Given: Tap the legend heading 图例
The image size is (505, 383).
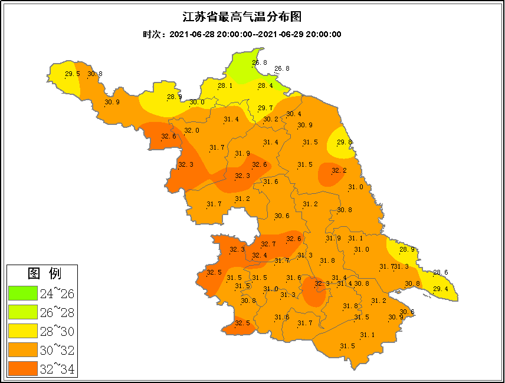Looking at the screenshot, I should pyautogui.click(x=44, y=273).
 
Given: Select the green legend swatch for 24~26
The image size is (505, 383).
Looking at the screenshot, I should pyautogui.click(x=22, y=293).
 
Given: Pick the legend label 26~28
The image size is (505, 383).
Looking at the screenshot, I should pyautogui.click(x=57, y=312).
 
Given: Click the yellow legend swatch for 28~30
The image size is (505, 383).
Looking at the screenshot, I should pyautogui.click(x=22, y=331).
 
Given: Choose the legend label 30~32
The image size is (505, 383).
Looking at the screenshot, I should pyautogui.click(x=57, y=351).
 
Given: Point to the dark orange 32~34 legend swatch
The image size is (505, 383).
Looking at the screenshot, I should pyautogui.click(x=22, y=369).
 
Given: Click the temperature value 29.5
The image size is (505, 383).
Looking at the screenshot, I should pyautogui.click(x=72, y=74).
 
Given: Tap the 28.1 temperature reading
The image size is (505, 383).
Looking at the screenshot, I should pyautogui.click(x=225, y=85).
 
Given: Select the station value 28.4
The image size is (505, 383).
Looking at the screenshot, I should pyautogui.click(x=265, y=85).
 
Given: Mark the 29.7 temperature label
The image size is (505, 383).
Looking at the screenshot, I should pyautogui.click(x=265, y=108).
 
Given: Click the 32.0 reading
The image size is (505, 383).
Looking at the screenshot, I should pyautogui.click(x=192, y=130).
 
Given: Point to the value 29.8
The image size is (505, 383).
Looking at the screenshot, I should pyautogui.click(x=345, y=142).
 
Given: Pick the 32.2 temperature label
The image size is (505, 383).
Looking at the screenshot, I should pyautogui.click(x=339, y=171).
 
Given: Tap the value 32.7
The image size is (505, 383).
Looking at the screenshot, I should pyautogui.click(x=268, y=244).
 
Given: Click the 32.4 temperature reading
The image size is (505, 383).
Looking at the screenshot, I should pyautogui.click(x=259, y=255).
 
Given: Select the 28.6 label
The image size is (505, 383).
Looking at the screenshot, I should pyautogui.click(x=441, y=272).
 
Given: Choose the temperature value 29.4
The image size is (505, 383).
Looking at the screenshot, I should pyautogui.click(x=441, y=289).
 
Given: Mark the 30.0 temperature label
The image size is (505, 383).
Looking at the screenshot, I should pyautogui.click(x=196, y=102).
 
